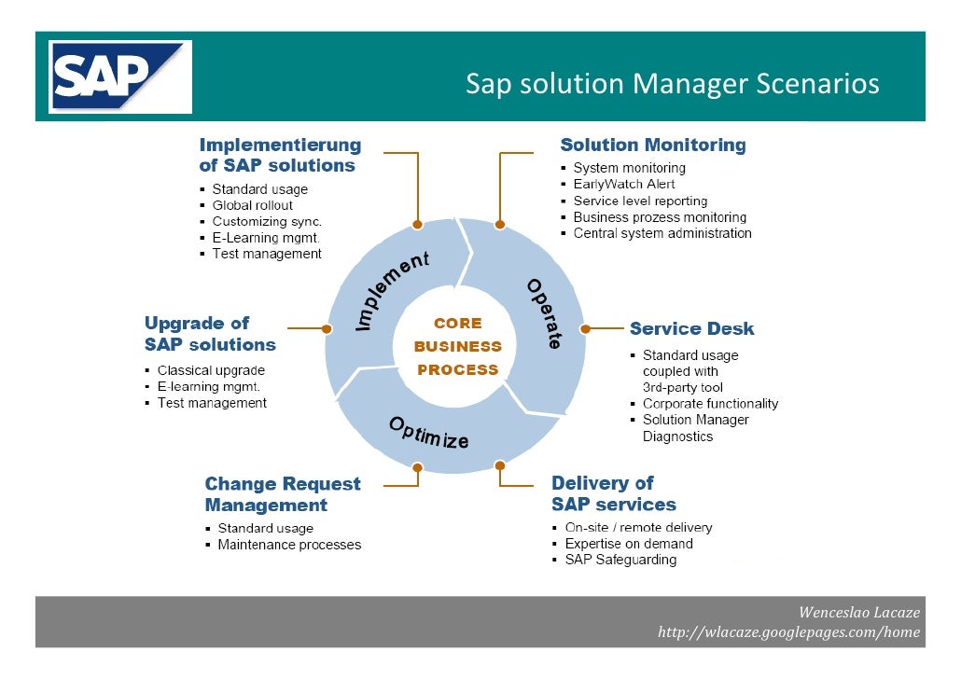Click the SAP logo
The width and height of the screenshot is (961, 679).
click(x=120, y=77)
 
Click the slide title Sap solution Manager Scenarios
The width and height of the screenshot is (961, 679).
click(x=672, y=84)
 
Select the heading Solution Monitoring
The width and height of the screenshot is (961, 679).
click(x=652, y=145)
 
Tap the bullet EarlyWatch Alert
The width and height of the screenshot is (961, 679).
click(x=623, y=184)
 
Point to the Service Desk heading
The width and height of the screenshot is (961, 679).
click(x=691, y=328)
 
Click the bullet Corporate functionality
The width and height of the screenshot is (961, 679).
click(x=710, y=404)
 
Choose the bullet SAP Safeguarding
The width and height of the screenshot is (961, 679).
click(x=620, y=560)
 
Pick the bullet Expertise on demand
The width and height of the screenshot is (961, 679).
click(x=628, y=544)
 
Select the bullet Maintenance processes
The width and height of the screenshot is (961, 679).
click(x=288, y=545)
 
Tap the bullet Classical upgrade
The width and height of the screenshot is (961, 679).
click(x=211, y=370)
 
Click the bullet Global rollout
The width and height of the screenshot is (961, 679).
click(x=252, y=205)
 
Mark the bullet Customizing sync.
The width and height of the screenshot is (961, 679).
click(x=267, y=221)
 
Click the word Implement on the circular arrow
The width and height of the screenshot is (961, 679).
click(x=393, y=290)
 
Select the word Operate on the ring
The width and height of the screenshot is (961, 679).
click(x=544, y=313)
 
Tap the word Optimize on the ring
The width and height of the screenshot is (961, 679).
click(x=428, y=432)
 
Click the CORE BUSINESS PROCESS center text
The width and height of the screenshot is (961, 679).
click(x=457, y=346)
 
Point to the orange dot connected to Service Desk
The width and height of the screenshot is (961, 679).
click(x=585, y=328)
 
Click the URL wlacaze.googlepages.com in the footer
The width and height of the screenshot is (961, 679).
click(x=788, y=632)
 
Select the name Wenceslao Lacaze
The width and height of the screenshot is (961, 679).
click(x=858, y=613)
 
